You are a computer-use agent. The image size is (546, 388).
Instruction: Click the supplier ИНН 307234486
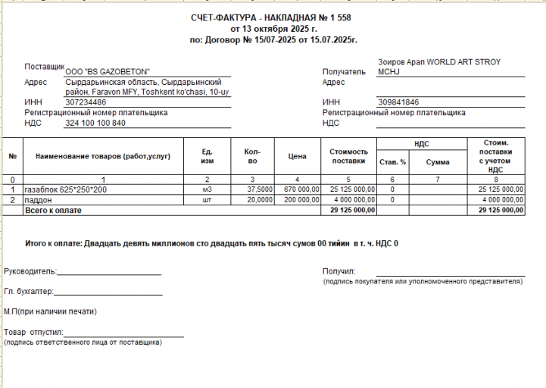click(x=86, y=102)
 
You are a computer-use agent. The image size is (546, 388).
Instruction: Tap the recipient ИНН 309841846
click(x=398, y=102)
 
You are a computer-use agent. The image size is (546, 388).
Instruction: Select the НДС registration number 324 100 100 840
click(x=96, y=123)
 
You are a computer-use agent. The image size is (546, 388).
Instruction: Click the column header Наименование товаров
click(x=102, y=156)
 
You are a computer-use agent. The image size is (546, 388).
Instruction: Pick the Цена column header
click(x=297, y=156)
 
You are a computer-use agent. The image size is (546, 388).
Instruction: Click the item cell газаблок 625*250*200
click(x=66, y=189)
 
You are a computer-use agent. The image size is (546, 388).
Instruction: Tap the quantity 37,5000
click(x=260, y=189)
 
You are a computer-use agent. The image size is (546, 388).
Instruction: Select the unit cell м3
click(x=206, y=189)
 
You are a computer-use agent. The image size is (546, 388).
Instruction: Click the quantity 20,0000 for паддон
click(x=260, y=199)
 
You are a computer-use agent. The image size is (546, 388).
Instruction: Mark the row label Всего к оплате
click(x=54, y=209)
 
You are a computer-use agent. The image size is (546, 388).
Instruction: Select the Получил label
click(x=339, y=271)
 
